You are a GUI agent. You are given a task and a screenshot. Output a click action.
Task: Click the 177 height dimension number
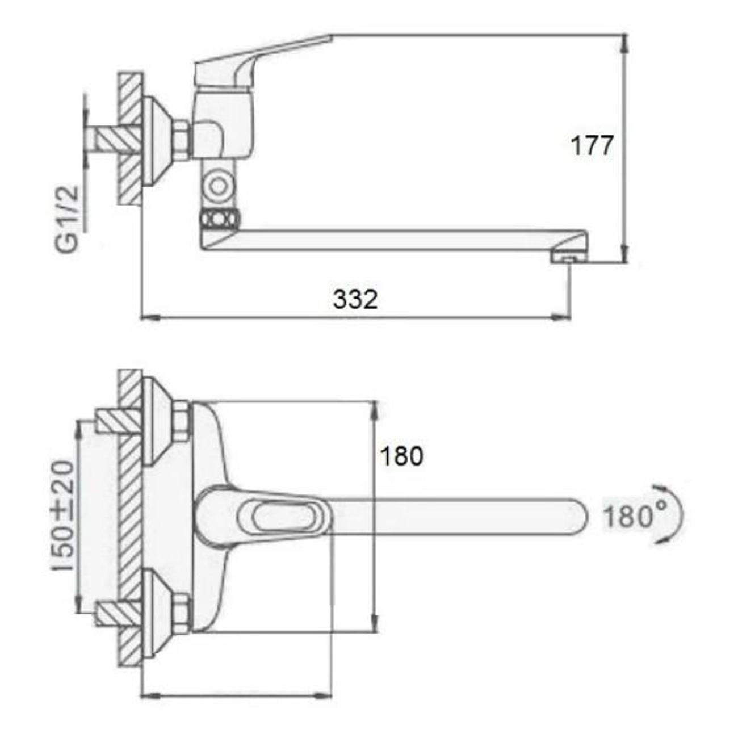pyautogui.click(x=592, y=145)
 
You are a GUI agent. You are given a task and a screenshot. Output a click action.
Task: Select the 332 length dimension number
pyautogui.click(x=355, y=300)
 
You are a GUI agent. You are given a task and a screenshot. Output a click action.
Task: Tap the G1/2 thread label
pyautogui.click(x=68, y=218)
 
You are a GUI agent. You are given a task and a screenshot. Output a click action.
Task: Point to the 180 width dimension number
pyautogui.click(x=402, y=456)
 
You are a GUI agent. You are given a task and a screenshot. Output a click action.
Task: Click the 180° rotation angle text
pyautogui.click(x=635, y=515)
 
